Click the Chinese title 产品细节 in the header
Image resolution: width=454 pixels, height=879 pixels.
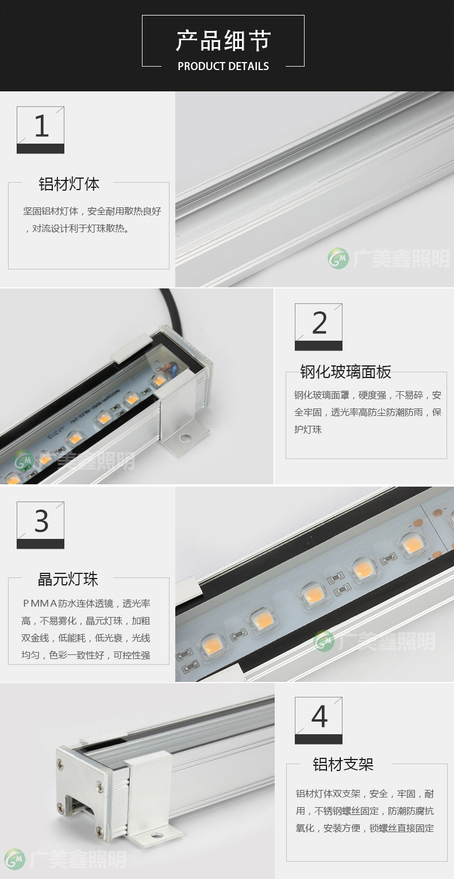(x=223, y=40)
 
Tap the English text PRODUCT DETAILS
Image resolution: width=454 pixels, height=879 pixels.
(x=224, y=66)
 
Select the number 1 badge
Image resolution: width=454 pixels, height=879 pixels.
(x=40, y=130)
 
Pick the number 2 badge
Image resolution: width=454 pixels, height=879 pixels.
(x=318, y=327)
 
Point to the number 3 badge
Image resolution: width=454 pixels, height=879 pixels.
(x=40, y=525)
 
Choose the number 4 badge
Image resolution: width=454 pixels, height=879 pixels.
(x=318, y=720)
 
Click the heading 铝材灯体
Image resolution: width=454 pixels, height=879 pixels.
(x=69, y=184)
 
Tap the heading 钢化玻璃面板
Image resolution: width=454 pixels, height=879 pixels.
(x=346, y=372)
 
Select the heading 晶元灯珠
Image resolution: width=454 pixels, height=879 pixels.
(x=68, y=579)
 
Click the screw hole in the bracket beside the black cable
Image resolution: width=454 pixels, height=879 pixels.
(x=184, y=437)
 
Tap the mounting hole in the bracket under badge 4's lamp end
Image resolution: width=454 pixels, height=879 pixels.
(x=156, y=837)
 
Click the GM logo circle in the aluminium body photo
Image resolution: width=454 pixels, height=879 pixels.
(x=338, y=258)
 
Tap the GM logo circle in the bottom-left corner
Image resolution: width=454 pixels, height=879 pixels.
(x=14, y=859)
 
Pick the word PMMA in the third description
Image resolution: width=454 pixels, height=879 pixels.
(x=40, y=604)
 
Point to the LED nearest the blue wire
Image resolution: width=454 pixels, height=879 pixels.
(x=159, y=380)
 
